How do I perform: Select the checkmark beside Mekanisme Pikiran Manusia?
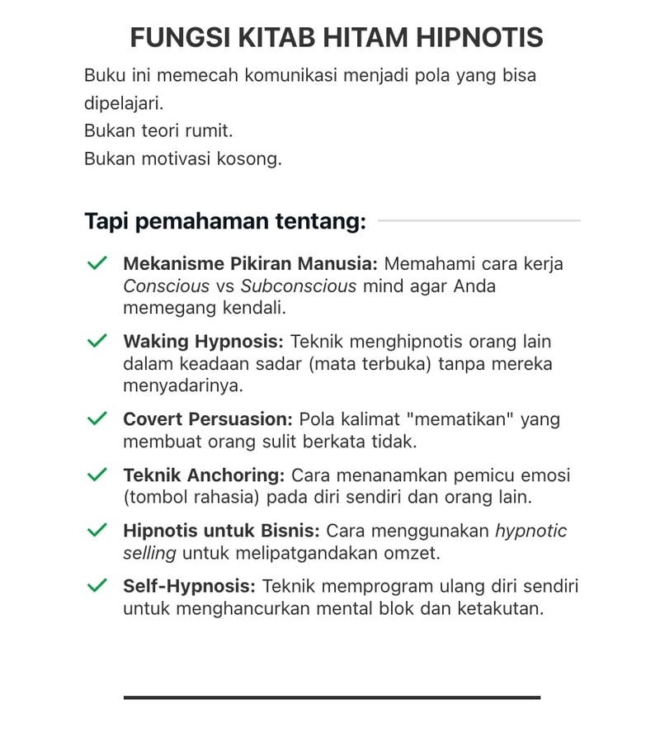(97, 263)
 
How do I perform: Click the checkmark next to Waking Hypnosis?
(97, 340)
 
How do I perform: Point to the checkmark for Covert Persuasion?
(97, 418)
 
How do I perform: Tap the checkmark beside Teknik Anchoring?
(97, 475)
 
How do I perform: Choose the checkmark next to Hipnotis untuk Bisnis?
(97, 529)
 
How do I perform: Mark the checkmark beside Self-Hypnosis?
(97, 585)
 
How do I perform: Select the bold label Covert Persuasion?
(208, 419)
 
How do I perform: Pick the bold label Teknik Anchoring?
(204, 476)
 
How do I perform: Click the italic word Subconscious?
(299, 286)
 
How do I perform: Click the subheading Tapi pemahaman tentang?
(225, 221)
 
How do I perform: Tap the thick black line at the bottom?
(332, 697)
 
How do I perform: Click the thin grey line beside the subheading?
(478, 221)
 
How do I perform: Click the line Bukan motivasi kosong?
(183, 159)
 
